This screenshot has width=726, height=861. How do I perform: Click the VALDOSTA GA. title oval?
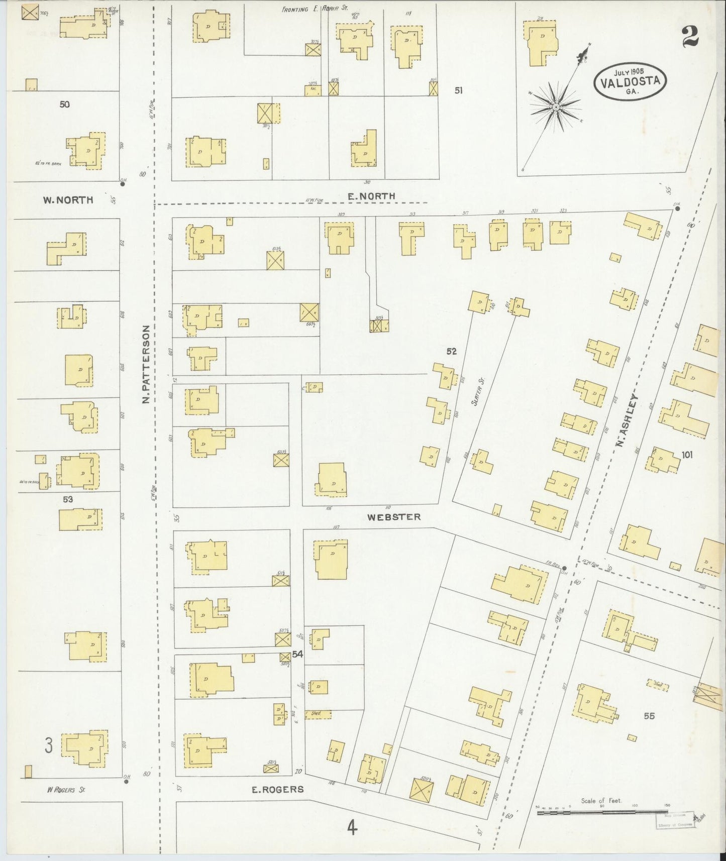[x=630, y=81]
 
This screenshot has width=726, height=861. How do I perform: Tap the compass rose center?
[x=556, y=107]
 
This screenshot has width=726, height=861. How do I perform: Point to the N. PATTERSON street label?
[x=146, y=364]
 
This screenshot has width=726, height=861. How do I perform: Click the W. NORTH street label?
[x=68, y=200]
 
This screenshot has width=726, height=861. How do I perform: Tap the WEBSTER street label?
[x=393, y=516]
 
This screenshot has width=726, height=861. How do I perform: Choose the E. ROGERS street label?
[x=278, y=789]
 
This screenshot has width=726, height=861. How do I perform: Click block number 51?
[x=458, y=90]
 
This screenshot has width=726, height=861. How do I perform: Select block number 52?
[x=452, y=351]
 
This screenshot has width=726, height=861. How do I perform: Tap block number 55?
[x=649, y=716]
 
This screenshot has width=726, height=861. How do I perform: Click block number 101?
[x=687, y=455]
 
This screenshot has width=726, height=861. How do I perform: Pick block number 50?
[x=64, y=104]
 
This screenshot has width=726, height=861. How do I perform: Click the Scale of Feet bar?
[x=602, y=812]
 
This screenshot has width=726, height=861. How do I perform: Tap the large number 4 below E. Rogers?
[x=352, y=827]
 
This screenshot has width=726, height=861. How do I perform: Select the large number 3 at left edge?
[x=48, y=745]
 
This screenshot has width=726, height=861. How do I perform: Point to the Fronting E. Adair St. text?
[x=315, y=9]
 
